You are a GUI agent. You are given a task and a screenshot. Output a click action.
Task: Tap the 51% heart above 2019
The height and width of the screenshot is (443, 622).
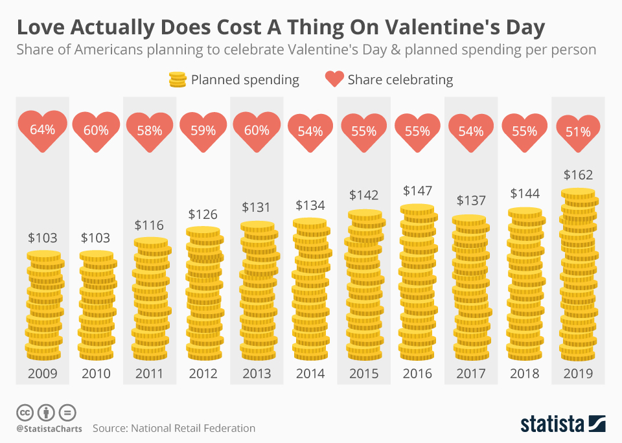[x=577, y=132]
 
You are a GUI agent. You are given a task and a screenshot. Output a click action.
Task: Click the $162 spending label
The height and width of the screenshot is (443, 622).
[x=578, y=175]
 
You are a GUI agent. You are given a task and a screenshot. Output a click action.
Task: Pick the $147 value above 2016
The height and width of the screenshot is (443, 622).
[x=417, y=191]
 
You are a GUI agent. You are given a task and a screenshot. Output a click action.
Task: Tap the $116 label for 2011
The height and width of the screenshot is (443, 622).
[x=150, y=225]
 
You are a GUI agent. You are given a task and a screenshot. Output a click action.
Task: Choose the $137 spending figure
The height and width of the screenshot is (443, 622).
[x=471, y=200]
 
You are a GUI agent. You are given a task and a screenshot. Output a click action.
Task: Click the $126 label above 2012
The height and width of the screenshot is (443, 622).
[x=203, y=214]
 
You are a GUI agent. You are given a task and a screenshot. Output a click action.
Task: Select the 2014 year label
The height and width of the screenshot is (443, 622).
[x=310, y=374]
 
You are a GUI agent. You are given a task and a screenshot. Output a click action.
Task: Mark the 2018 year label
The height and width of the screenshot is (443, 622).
[x=524, y=374]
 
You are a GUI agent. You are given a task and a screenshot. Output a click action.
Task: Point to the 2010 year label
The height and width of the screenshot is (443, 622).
[x=96, y=374]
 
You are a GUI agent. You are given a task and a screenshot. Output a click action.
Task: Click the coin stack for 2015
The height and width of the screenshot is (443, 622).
[x=363, y=285]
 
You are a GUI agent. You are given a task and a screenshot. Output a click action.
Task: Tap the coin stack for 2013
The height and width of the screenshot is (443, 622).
[x=257, y=291]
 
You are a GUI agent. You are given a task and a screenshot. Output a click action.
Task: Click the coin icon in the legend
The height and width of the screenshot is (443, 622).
[x=178, y=80]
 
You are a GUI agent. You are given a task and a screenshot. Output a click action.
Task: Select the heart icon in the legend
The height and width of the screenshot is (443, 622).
[x=334, y=80]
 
